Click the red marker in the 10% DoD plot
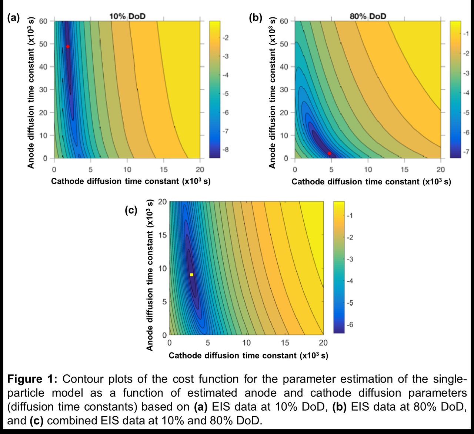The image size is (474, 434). pos(68,47)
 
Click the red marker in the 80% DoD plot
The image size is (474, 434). pos(329,153)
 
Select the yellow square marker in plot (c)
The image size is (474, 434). pos(191,275)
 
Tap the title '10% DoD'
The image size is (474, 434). pos(127,16)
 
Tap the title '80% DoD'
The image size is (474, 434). pos(368,16)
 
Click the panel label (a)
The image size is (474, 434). pos(13,18)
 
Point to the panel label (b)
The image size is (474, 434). pos(255,18)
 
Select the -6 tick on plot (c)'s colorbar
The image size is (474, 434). pos(350,325)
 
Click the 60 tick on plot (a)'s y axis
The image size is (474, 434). pos(43,21)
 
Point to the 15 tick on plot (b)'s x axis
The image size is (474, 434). pos(404,170)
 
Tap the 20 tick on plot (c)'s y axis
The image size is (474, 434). pos(163,202)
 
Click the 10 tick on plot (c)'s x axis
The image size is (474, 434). pos(246,343)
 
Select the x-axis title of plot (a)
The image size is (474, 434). pos(130,181)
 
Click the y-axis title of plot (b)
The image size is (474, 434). pos(272,93)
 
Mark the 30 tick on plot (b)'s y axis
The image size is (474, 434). pos(284,90)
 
